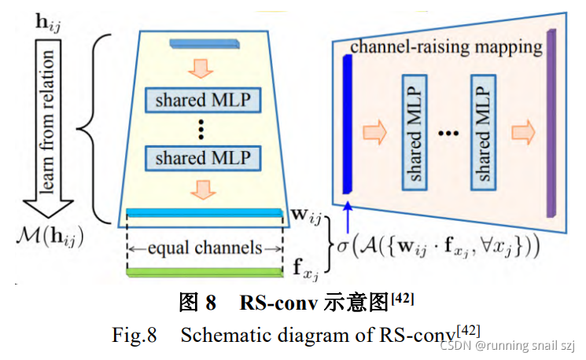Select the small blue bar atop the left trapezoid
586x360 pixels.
click(x=203, y=40)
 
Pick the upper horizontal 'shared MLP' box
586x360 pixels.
click(x=203, y=100)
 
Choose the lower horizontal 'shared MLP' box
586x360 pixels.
click(x=203, y=158)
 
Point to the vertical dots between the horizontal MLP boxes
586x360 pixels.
click(x=203, y=129)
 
